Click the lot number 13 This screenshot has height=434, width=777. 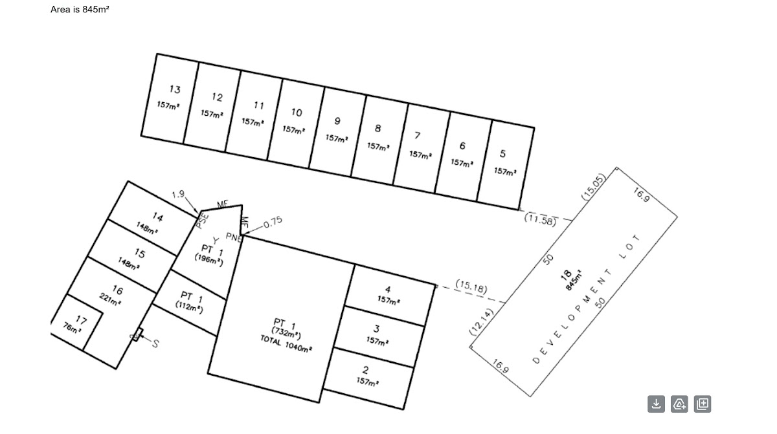coord(175,89)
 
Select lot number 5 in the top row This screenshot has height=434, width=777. coord(503,154)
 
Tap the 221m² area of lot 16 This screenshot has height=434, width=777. coord(111,299)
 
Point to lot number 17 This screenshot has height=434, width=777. coord(81,320)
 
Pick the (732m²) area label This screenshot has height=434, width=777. coord(286,334)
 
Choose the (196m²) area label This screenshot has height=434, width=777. coord(209,259)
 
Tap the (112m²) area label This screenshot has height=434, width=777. coord(189,309)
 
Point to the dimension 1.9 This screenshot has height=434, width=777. coord(178,194)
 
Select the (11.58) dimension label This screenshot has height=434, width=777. coord(540,220)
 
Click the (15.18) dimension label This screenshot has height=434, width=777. coord(471,286)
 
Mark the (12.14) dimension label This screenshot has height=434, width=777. coord(482,321)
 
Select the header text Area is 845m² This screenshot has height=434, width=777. coord(80,9)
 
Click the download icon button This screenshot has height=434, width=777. coord(656,404)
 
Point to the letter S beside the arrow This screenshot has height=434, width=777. coord(155,343)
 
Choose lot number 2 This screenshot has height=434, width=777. coord(366,371)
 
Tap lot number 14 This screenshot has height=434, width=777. coord(157,217)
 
